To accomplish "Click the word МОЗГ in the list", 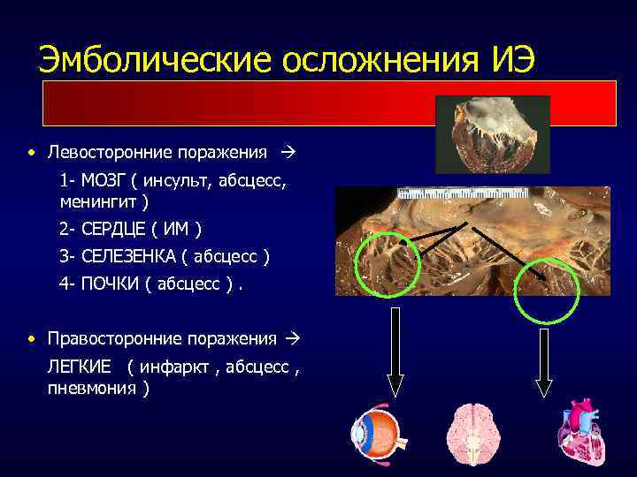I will pyautogui.click(x=104, y=182).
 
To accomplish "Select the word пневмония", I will pyautogui.click(x=90, y=389).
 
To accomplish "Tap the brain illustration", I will pyautogui.click(x=471, y=436).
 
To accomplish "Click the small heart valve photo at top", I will pyautogui.click(x=493, y=133).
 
